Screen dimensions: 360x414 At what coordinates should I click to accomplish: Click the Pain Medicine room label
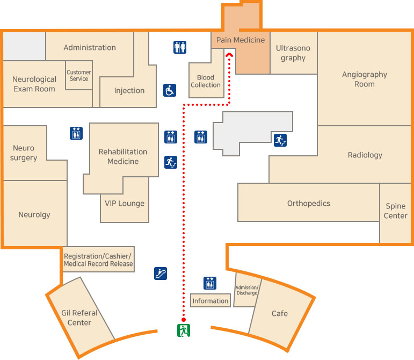tap(241, 40)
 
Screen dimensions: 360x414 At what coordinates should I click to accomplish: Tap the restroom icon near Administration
tap(180, 47)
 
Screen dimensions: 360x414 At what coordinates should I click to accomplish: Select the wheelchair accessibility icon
tap(170, 90)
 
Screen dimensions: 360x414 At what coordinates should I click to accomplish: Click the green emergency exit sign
tap(184, 330)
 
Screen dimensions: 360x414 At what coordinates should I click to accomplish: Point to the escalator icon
tap(160, 273)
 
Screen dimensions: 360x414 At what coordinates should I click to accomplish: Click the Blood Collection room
tap(206, 81)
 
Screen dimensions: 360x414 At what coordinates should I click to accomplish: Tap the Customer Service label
tap(79, 76)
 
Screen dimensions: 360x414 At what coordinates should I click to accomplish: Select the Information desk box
tap(210, 301)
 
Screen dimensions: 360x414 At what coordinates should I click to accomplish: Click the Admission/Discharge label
tap(247, 290)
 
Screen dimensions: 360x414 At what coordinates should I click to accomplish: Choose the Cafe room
tap(279, 313)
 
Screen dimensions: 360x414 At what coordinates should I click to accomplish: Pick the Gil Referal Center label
tap(79, 318)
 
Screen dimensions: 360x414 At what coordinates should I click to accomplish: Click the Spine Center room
tap(396, 211)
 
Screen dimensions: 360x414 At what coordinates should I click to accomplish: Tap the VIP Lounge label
tap(125, 204)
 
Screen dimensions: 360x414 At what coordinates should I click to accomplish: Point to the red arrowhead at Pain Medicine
tap(229, 54)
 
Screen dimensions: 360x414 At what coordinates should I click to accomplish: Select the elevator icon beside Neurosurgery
tap(76, 133)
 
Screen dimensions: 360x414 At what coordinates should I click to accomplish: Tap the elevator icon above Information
tap(210, 283)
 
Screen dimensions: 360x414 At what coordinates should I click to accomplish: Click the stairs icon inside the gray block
tap(280, 140)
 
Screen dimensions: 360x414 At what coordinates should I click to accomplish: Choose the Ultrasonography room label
tap(293, 53)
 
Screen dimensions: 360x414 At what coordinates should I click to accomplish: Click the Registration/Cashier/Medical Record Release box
tap(98, 260)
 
